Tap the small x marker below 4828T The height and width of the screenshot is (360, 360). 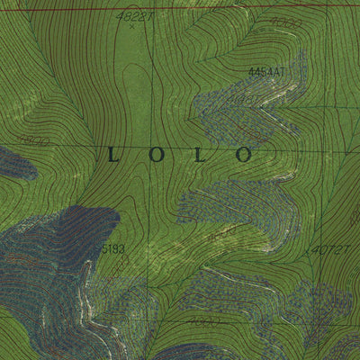131,26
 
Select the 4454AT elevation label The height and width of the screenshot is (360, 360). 266,70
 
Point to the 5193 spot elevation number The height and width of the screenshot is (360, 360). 112,247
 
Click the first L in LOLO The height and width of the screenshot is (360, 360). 112,155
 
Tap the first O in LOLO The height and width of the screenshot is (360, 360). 156,155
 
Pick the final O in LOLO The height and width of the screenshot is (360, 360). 243,155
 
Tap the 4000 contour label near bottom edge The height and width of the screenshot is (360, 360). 204,320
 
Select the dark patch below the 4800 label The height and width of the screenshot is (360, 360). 13,164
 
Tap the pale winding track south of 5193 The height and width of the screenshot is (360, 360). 90,306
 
